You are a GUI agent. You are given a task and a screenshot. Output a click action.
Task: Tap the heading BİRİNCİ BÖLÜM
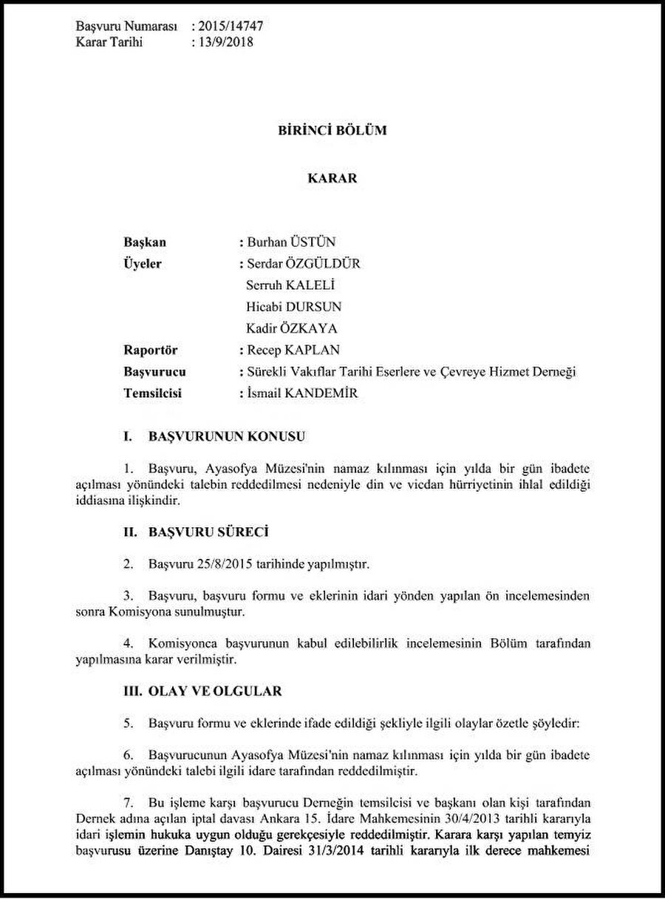pyautogui.click(x=332, y=131)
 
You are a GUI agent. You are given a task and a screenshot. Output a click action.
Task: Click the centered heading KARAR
pyautogui.click(x=332, y=178)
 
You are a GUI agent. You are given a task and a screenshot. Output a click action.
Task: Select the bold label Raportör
pyautogui.click(x=151, y=350)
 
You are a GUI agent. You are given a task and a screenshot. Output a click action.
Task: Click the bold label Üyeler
pyautogui.click(x=143, y=264)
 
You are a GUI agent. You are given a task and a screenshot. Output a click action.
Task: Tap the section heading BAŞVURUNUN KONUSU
pyautogui.click(x=227, y=437)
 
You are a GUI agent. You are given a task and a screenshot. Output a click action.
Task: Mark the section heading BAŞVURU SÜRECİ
pyautogui.click(x=208, y=532)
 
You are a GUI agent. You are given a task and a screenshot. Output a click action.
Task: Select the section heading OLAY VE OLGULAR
pyautogui.click(x=215, y=691)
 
